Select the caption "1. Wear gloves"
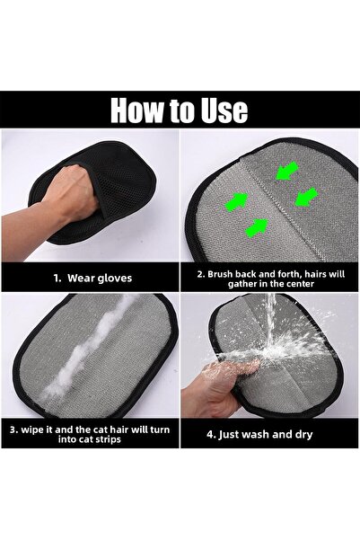pyautogui.click(x=91, y=278)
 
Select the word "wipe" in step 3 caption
pyautogui.click(x=36, y=429)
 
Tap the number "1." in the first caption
pyautogui.click(x=55, y=278)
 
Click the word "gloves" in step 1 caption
pyautogui.click(x=113, y=278)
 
